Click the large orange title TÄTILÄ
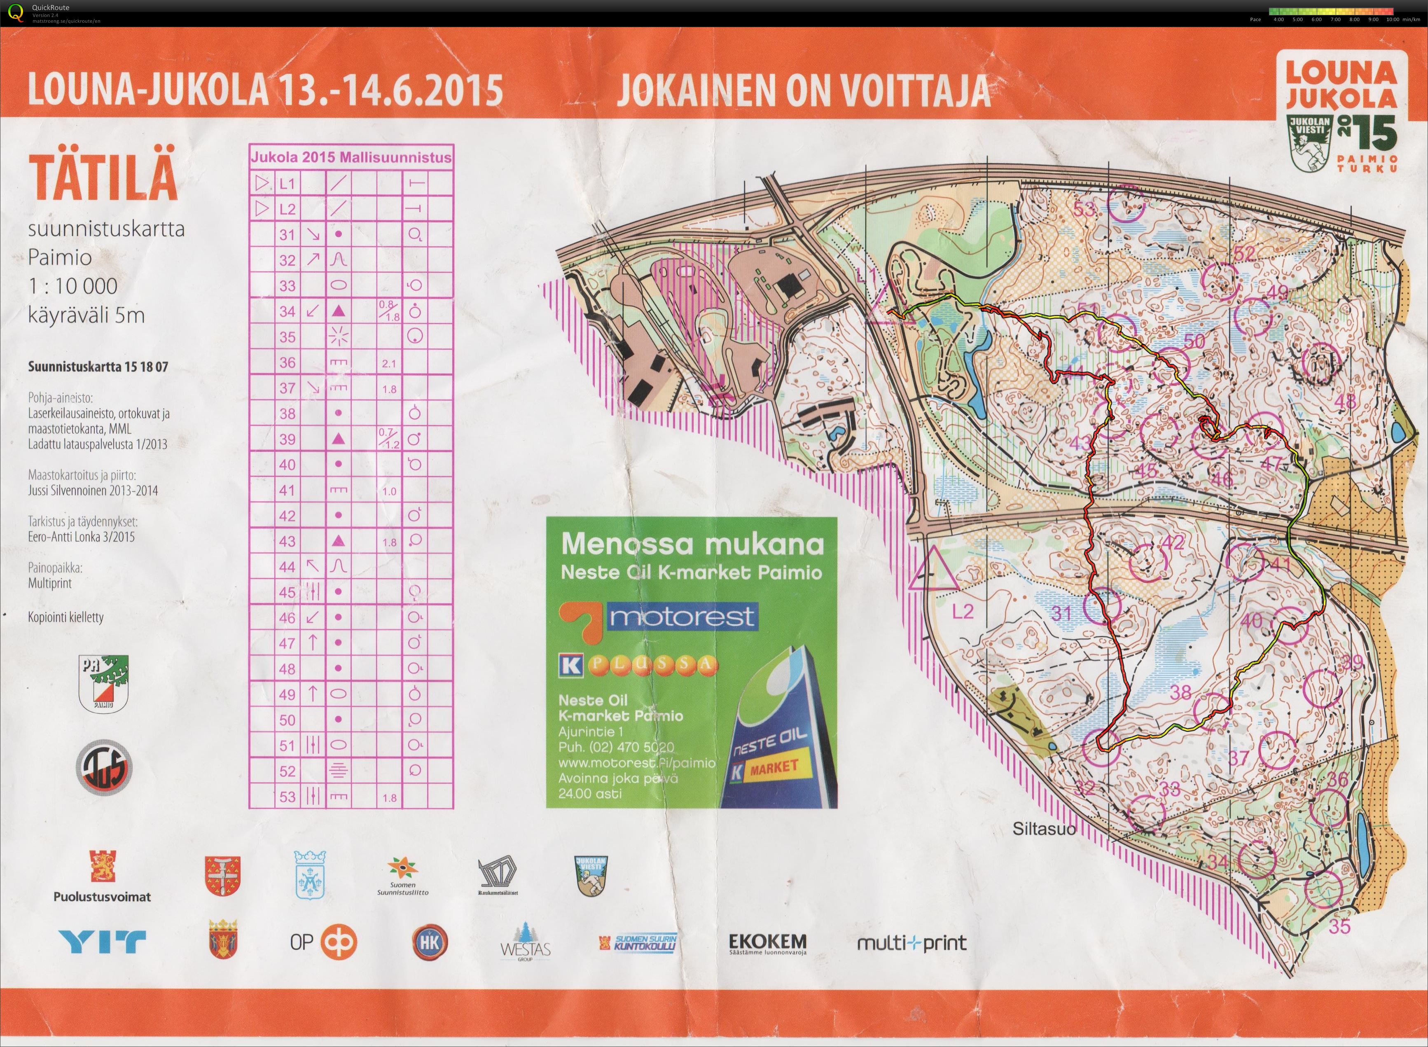[x=103, y=178]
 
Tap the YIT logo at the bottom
[x=102, y=941]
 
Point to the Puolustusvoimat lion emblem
[x=102, y=866]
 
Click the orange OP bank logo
[x=339, y=942]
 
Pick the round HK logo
[x=429, y=942]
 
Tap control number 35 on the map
[x=1340, y=927]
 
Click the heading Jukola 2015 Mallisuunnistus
[x=351, y=157]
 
